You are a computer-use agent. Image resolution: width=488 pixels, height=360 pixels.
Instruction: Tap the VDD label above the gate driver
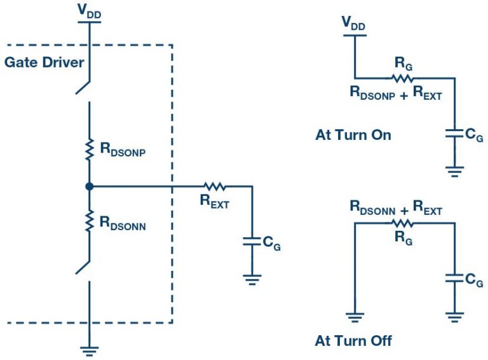90,11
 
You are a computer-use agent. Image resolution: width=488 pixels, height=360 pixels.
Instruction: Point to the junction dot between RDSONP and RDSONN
90,186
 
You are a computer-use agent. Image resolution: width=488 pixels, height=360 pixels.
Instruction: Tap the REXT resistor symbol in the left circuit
215,186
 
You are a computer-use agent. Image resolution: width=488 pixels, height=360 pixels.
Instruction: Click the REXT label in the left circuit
214,203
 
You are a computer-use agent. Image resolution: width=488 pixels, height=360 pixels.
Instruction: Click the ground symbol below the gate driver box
90,349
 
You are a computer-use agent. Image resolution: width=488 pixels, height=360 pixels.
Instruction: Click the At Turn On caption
353,135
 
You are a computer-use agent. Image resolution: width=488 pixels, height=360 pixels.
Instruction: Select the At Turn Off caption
353,341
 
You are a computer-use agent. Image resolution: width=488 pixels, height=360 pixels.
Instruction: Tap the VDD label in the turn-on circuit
354,23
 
